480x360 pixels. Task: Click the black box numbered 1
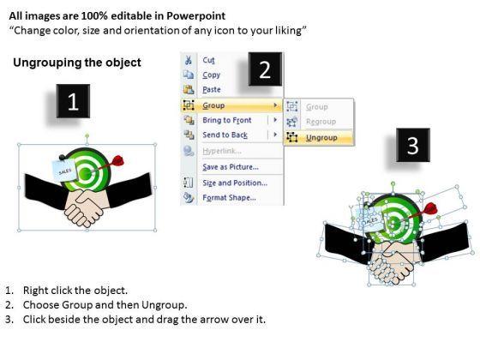[x=73, y=101]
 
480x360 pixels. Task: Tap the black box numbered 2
[x=265, y=69]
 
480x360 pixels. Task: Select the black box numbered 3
[x=413, y=145]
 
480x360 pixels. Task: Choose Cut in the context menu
[x=209, y=60]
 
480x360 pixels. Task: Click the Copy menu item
[x=211, y=75]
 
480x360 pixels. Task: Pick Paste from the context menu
[x=212, y=90]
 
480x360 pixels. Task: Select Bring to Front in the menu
[x=227, y=120]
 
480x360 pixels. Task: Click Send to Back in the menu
[x=225, y=135]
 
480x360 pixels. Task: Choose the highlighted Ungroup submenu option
[x=321, y=138]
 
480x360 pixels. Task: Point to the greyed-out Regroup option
[x=321, y=122]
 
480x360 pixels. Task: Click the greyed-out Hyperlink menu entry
[x=222, y=151]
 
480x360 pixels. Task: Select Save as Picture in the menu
[x=231, y=167]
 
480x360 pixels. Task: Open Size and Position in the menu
[x=235, y=183]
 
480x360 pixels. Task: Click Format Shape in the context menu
[x=230, y=198]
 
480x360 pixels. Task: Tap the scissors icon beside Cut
[x=189, y=60]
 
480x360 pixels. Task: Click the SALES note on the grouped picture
[x=64, y=171]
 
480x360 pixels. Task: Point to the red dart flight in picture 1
[x=118, y=160]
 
